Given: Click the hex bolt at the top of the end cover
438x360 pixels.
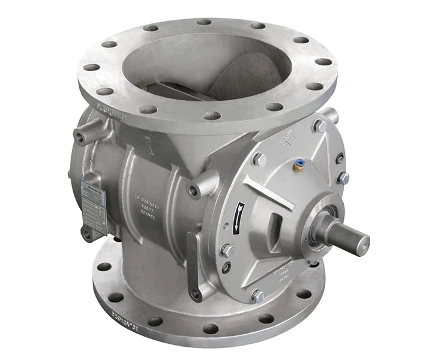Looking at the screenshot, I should click(x=319, y=125).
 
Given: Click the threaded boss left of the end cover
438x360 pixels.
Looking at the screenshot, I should click(x=194, y=191).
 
